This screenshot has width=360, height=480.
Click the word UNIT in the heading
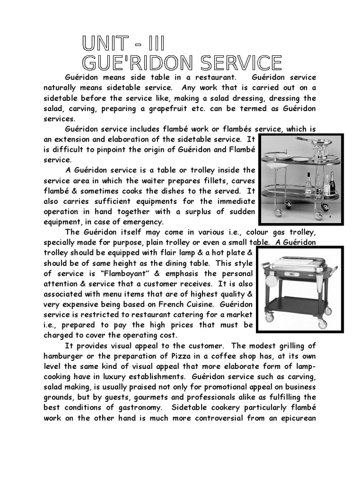coord(107,44)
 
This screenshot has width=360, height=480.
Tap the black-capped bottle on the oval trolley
coord(309,184)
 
